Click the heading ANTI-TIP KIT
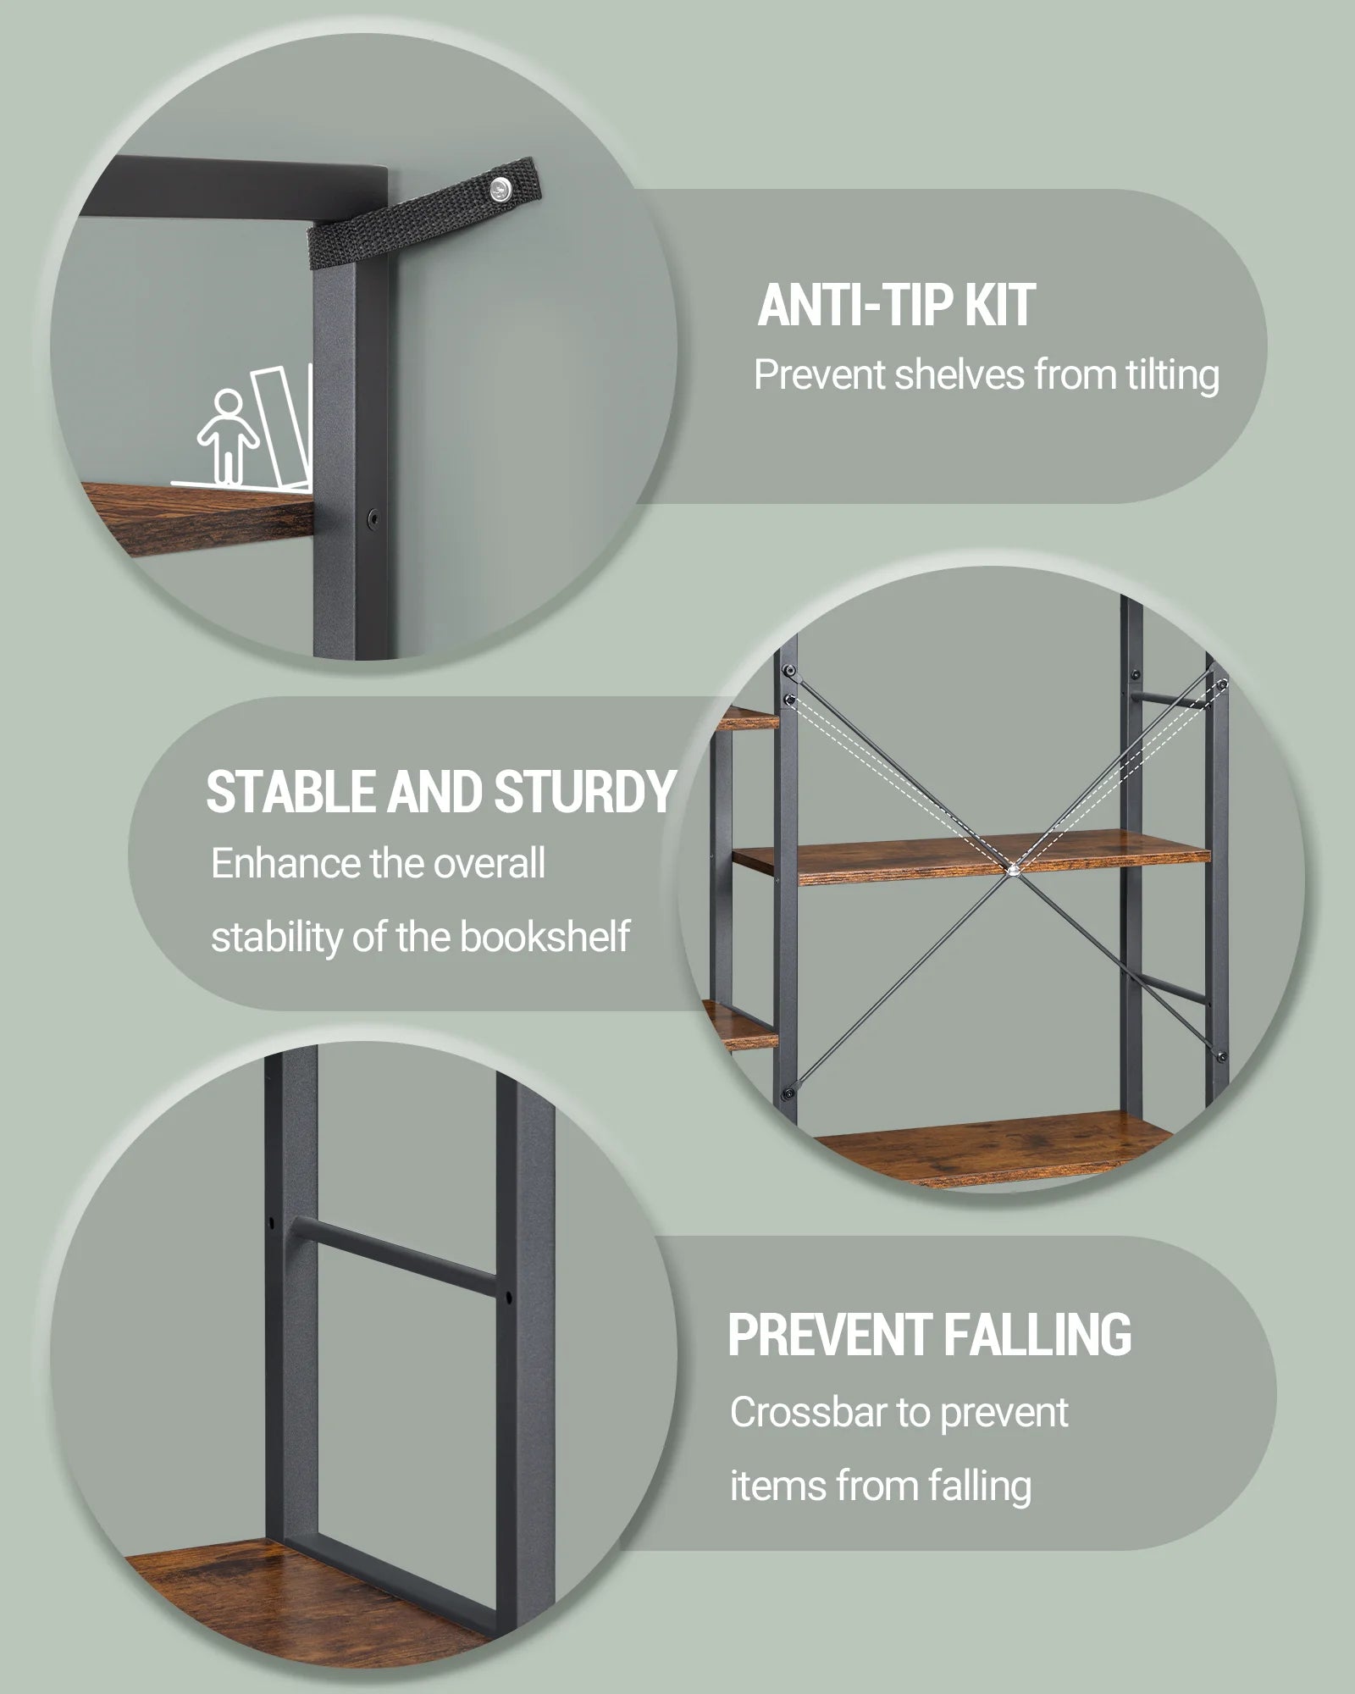[896, 305]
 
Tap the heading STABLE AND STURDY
[440, 792]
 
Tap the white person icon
[226, 436]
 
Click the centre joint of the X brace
[1013, 869]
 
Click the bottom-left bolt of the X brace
[789, 1092]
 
